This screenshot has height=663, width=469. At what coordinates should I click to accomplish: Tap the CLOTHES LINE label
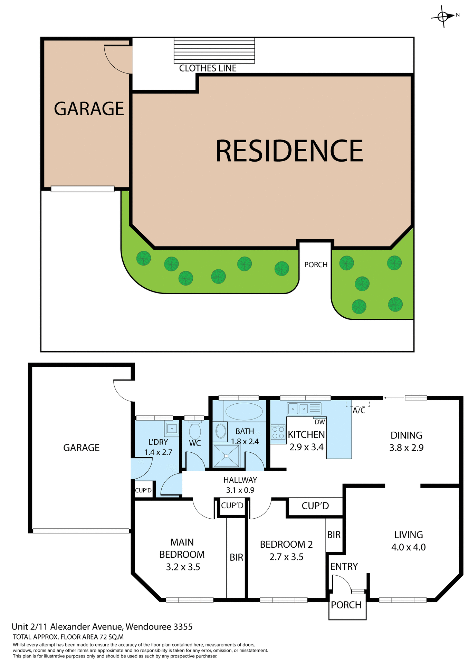(208, 68)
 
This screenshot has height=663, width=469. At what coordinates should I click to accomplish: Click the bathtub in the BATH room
(244, 411)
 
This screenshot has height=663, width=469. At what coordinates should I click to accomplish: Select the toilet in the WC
(195, 430)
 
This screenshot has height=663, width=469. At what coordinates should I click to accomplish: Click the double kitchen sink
(298, 409)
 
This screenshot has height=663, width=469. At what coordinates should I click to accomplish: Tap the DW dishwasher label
(320, 422)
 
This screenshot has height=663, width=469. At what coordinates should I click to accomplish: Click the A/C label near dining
(359, 411)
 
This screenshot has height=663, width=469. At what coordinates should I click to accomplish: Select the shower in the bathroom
(226, 456)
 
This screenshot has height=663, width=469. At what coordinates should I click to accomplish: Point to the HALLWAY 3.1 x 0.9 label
(240, 485)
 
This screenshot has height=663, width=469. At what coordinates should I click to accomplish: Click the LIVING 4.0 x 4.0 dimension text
(408, 547)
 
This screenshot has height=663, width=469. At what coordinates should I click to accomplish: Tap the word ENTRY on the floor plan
(344, 566)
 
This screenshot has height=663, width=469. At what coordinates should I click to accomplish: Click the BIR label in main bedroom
(237, 557)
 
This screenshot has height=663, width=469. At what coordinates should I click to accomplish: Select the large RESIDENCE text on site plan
(289, 151)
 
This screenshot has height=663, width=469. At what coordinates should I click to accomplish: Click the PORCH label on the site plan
(316, 265)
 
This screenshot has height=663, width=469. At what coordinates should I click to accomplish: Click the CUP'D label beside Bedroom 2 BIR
(315, 506)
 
